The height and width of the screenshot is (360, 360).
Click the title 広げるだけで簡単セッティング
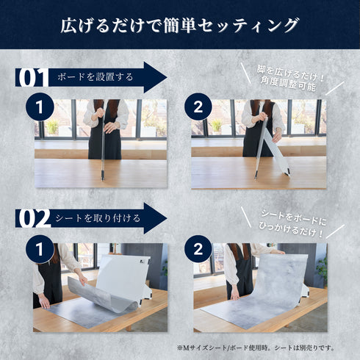[x=180, y=25]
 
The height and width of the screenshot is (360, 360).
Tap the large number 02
[x=32, y=217]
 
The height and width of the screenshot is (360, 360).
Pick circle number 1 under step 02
[x=37, y=249]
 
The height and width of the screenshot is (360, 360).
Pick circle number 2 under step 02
[x=197, y=249]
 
